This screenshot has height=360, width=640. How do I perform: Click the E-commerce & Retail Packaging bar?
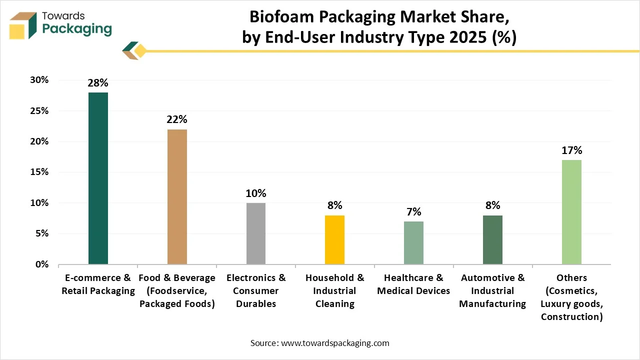click(x=98, y=178)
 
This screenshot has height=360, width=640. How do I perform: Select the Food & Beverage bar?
click(x=177, y=196)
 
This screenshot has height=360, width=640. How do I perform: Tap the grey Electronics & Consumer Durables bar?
click(x=256, y=233)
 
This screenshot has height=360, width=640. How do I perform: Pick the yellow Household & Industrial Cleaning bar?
click(x=335, y=239)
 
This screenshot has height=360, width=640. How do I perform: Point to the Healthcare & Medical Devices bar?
click(x=413, y=242)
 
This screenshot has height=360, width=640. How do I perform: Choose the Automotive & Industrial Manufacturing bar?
click(x=492, y=239)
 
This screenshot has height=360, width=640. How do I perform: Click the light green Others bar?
click(x=571, y=212)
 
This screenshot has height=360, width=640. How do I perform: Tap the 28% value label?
click(x=98, y=83)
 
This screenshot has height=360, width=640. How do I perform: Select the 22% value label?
click(x=177, y=119)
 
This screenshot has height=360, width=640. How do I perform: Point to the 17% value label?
click(x=571, y=150)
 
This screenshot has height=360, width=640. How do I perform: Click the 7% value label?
click(x=413, y=212)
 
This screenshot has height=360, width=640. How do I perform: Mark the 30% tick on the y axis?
click(x=38, y=80)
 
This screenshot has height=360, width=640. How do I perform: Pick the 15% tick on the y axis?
click(x=38, y=172)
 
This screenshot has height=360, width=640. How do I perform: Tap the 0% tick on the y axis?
click(x=41, y=264)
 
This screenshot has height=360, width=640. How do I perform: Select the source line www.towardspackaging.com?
click(x=320, y=343)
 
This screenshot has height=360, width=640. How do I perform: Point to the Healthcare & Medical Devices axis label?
click(x=413, y=284)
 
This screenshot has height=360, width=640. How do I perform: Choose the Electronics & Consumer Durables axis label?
click(x=256, y=290)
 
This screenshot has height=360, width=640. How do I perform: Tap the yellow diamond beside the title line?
click(x=140, y=51)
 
